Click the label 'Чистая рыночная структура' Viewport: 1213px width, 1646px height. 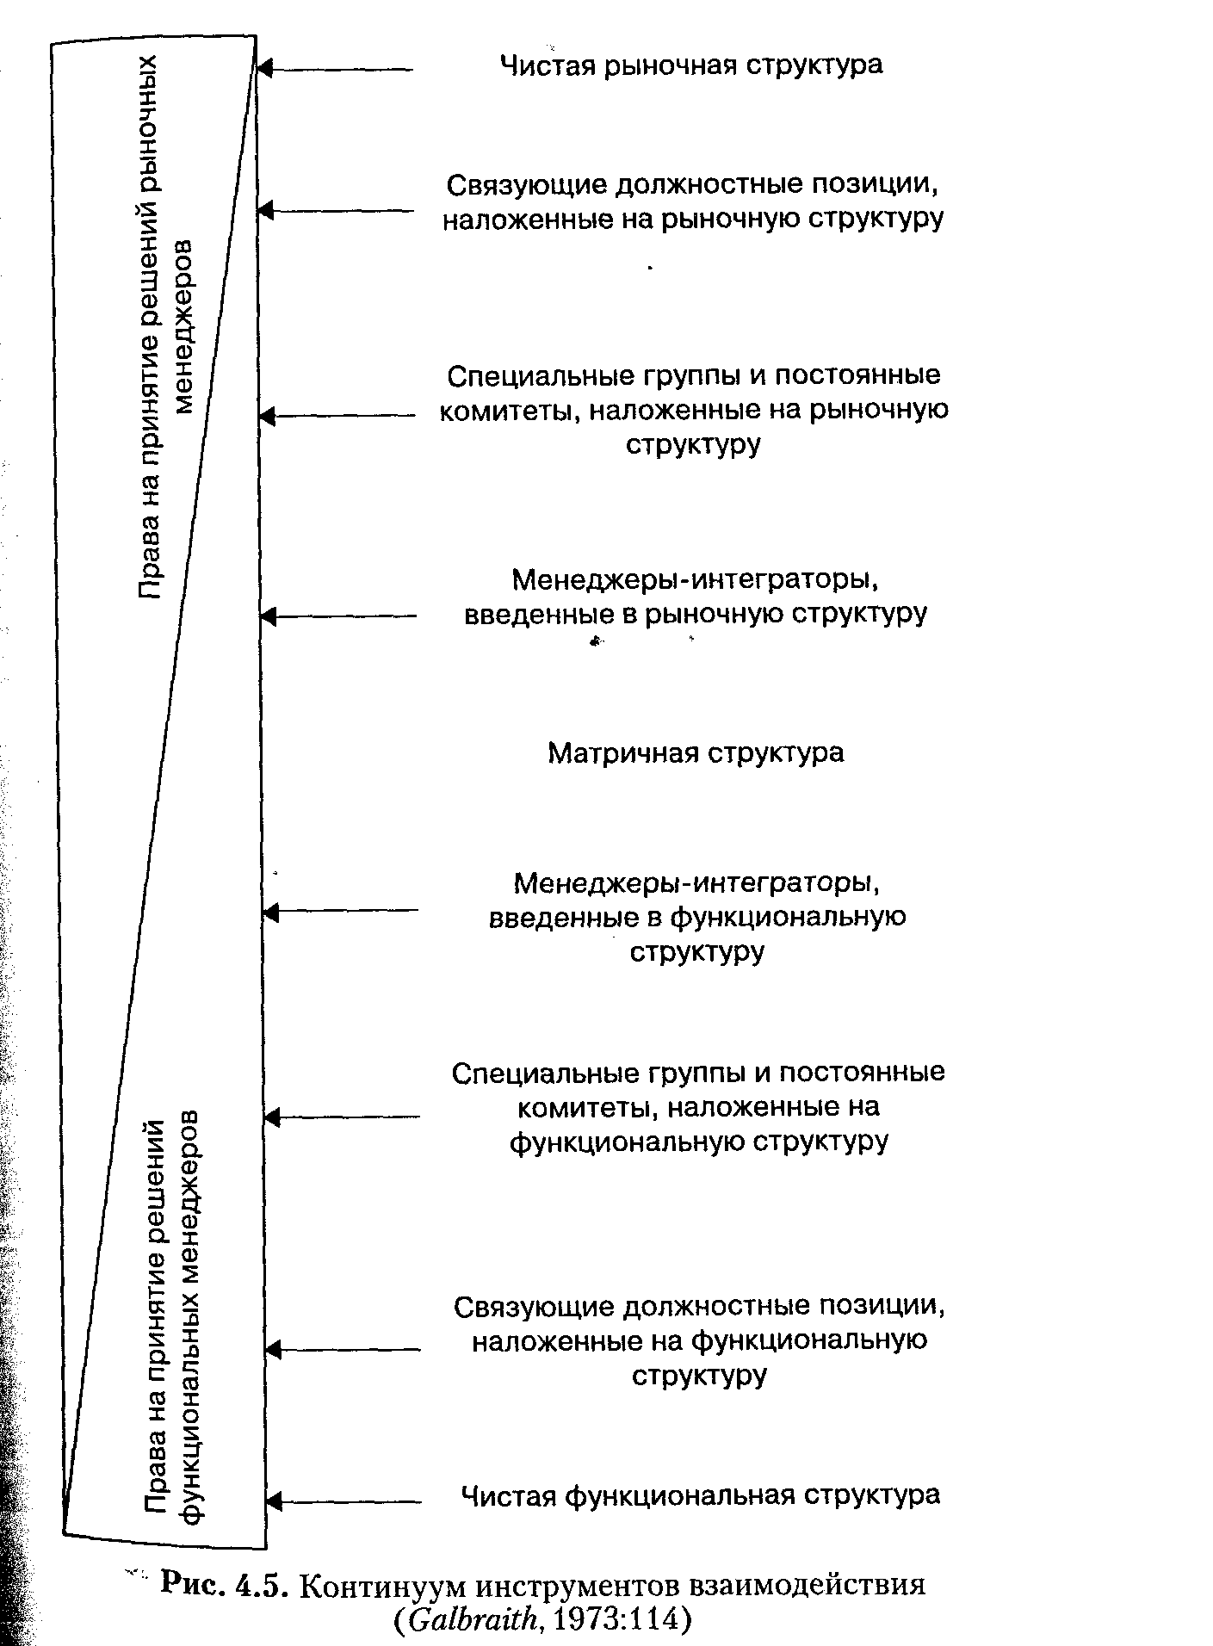click(691, 65)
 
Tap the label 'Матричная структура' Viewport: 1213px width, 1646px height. click(696, 753)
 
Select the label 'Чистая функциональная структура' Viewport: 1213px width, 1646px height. click(700, 1494)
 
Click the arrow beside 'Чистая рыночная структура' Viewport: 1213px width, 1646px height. click(336, 69)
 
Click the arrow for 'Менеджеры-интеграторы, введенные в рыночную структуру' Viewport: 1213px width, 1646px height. click(337, 616)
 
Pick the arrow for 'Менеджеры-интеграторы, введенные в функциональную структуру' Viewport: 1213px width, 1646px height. click(340, 910)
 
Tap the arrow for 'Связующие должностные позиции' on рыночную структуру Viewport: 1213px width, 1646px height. click(336, 210)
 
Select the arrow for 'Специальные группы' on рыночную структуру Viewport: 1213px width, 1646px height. click(337, 417)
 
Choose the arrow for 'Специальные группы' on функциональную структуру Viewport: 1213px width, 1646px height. click(342, 1117)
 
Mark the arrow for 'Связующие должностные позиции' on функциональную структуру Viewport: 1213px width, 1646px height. click(343, 1350)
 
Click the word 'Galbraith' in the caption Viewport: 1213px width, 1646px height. click(473, 1620)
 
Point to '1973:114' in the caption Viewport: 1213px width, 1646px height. click(614, 1620)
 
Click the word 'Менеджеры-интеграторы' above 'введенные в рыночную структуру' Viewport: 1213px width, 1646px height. click(694, 580)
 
